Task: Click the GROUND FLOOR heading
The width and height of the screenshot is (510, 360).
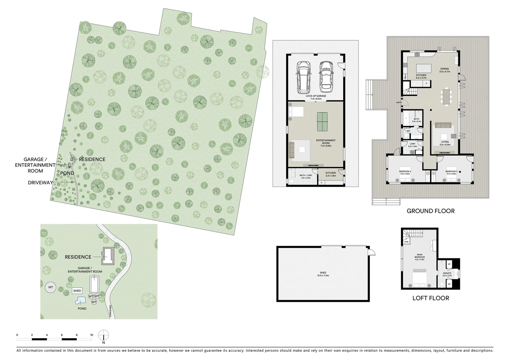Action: (430, 211)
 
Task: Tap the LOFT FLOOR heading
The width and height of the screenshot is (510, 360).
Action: (431, 298)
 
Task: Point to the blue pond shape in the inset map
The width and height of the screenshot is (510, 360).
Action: (80, 301)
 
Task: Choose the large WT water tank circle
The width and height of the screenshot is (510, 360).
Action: (51, 287)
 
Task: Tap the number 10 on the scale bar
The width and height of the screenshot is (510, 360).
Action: (91, 335)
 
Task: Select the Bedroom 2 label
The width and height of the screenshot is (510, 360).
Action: (405, 173)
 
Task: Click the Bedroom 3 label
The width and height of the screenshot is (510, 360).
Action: (451, 173)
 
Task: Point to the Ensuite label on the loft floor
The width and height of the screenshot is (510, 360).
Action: (447, 274)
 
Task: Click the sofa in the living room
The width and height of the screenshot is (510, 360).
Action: (442, 126)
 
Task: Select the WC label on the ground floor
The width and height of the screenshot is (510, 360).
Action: (408, 131)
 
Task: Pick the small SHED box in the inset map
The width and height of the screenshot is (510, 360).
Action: (77, 291)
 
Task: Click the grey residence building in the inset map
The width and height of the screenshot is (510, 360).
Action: (108, 256)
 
